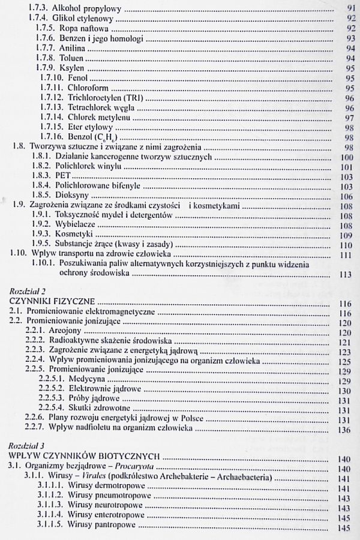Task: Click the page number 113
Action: click(x=344, y=275)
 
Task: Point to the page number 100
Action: click(x=344, y=157)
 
